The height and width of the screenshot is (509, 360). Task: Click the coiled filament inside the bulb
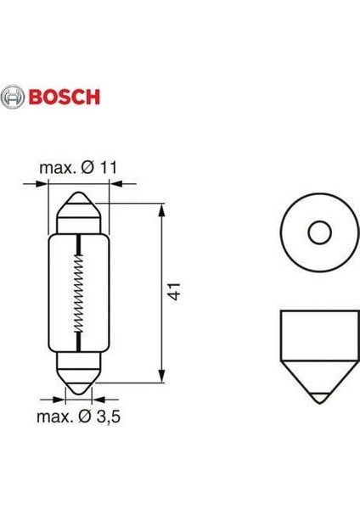coord(77,291)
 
